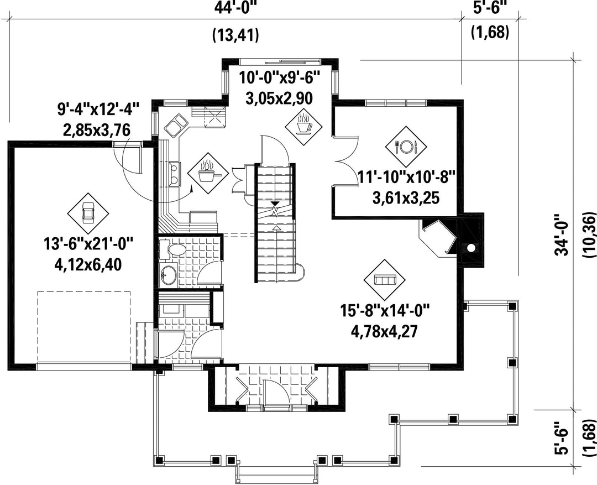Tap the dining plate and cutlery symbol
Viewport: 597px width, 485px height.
[x=406, y=145]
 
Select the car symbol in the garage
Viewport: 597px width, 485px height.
[x=88, y=213]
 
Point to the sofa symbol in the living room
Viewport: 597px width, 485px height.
[x=385, y=280]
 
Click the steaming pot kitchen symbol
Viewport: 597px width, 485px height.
[x=207, y=173]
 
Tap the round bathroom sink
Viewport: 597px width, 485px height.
[x=168, y=274]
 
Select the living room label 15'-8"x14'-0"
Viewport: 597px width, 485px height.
[x=385, y=311]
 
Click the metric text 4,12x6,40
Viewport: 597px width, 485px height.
[x=88, y=265]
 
